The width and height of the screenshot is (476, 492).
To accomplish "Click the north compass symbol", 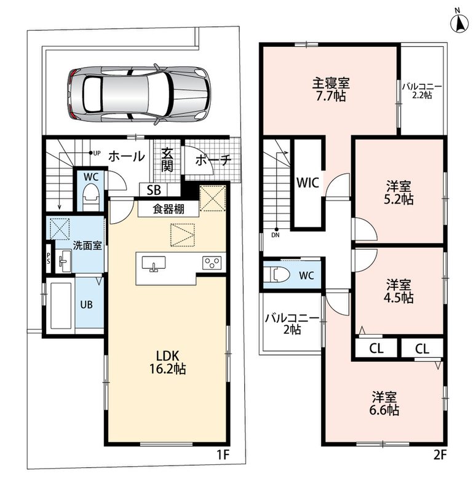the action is tap(459, 22).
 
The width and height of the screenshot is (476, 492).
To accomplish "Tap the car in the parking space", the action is tap(138, 95).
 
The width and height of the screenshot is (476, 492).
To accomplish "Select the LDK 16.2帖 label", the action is tap(167, 362).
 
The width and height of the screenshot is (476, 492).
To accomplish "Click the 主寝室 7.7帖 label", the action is tap(331, 89).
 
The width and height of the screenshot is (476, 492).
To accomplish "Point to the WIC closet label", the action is tap(307, 182).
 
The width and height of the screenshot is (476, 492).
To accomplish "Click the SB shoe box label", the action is tap(154, 190).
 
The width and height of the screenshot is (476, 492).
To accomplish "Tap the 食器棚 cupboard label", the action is tap(169, 209).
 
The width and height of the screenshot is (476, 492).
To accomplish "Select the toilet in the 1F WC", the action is tap(90, 197).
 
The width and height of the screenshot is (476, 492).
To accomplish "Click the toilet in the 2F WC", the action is tap(277, 275).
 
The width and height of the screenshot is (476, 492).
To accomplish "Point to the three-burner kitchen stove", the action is tap(212, 263).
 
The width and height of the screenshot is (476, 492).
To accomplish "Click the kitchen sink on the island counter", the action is tap(153, 263).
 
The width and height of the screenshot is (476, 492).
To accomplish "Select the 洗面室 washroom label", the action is tap(87, 245).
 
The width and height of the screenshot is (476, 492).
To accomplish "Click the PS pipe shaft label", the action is tap(49, 258).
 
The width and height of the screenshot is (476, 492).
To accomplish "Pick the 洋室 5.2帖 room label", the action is tap(399, 193).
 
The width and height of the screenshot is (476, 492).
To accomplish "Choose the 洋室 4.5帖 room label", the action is tap(399, 291).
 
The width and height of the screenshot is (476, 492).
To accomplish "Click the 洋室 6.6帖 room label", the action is tap(384, 403).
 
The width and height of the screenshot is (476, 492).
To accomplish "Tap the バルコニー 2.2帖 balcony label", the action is tap(421, 90).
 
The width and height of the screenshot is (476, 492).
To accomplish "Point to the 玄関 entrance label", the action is tap(167, 160).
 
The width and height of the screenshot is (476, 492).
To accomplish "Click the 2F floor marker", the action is tap(440, 455).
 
